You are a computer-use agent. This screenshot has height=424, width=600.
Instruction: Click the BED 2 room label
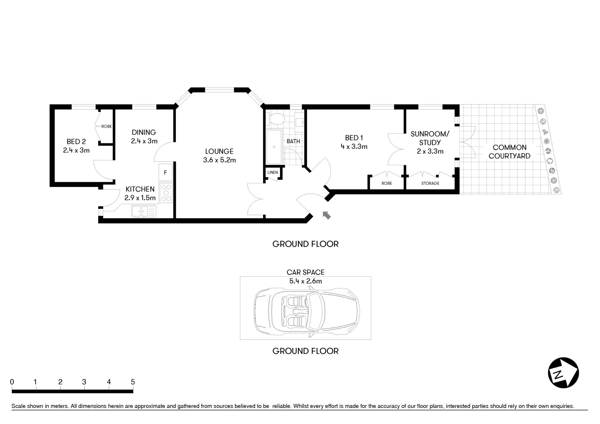click(x=76, y=142)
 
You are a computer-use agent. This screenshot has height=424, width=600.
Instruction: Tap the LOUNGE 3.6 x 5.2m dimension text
click(x=220, y=160)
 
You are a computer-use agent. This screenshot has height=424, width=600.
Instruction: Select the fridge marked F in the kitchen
click(x=165, y=172)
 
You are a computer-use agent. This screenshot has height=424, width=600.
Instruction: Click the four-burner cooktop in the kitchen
click(x=166, y=193)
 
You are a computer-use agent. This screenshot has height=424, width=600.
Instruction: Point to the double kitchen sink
click(x=144, y=211)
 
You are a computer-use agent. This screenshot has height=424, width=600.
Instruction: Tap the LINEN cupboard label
click(x=273, y=173)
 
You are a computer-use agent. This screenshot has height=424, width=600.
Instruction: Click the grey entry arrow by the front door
click(x=326, y=215)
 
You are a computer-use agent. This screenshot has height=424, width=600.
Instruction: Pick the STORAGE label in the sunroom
click(x=430, y=183)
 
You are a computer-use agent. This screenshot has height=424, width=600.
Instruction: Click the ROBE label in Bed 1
click(x=386, y=183)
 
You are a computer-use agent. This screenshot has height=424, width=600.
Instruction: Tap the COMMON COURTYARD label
click(x=509, y=152)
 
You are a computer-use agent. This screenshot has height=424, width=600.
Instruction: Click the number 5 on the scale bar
click(x=133, y=382)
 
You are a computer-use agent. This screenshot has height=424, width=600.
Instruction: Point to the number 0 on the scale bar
click(x=12, y=382)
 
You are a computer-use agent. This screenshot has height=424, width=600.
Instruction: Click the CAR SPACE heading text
click(x=305, y=272)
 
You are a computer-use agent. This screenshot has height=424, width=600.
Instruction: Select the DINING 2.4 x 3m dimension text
click(x=144, y=141)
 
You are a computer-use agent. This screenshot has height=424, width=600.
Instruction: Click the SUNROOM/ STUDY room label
click(x=430, y=138)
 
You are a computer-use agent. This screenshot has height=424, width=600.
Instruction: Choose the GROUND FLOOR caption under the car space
click(x=305, y=351)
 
